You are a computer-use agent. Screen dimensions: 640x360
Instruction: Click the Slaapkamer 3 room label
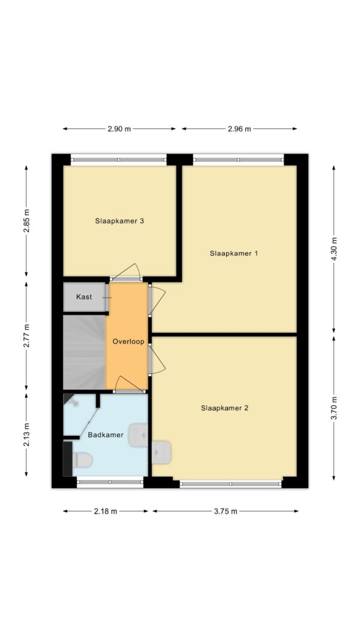point(119,221)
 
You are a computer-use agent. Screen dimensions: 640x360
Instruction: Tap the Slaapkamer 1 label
point(233,253)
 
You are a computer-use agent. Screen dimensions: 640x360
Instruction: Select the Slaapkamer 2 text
point(224,408)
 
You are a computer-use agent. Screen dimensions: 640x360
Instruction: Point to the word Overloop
point(128,341)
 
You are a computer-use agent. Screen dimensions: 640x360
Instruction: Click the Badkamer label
point(106,435)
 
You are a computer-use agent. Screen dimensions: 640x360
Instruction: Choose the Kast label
point(84,297)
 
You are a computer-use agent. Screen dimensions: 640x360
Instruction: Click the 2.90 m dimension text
point(119,128)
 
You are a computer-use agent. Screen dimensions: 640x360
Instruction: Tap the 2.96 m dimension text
point(239,128)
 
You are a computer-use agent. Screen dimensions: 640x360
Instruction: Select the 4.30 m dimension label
point(334,248)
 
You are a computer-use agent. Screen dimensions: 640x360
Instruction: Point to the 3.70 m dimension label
point(334,407)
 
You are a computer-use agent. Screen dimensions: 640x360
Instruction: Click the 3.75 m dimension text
point(226,511)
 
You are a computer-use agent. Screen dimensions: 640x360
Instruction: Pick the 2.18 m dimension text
point(106,511)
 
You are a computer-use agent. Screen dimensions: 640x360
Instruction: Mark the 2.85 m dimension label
point(26,221)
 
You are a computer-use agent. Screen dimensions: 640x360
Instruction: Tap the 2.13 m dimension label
point(26,435)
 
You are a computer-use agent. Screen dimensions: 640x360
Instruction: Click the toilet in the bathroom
point(79,460)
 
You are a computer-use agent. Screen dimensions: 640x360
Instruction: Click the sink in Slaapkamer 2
point(161,452)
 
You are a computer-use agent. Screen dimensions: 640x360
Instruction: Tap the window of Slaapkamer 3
point(119,159)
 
